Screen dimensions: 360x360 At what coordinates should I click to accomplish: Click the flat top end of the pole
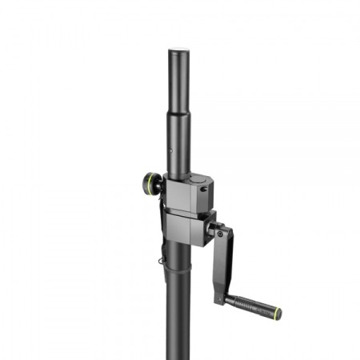(x=179, y=50)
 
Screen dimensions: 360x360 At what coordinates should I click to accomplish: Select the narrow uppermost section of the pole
(x=179, y=80)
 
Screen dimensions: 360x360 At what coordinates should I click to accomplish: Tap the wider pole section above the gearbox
(x=179, y=144)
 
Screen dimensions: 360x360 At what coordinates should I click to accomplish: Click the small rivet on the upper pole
(x=170, y=148)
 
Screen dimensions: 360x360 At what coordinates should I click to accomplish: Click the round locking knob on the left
(x=151, y=186)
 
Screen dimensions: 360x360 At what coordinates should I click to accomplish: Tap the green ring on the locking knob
(x=146, y=186)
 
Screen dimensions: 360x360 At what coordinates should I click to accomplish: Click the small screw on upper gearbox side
(x=202, y=190)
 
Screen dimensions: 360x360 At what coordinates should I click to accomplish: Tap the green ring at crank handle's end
(x=278, y=310)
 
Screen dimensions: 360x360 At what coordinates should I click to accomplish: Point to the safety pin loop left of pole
(x=162, y=258)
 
